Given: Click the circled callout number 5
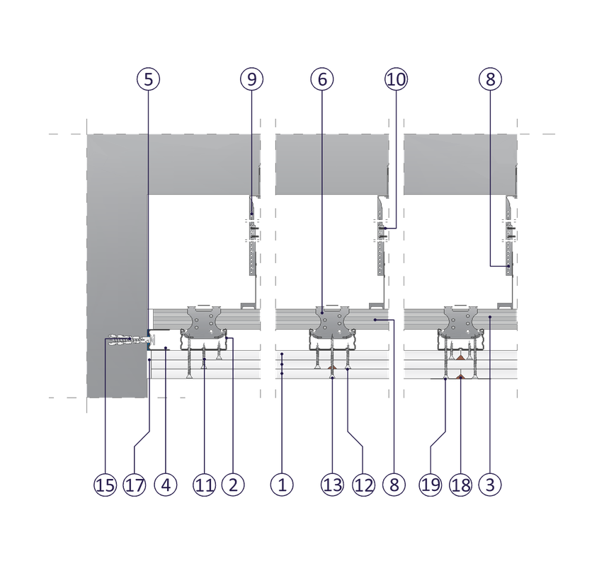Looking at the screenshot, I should [148, 79].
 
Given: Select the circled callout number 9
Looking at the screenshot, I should [251, 79].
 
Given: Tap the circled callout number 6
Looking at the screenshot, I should [321, 79].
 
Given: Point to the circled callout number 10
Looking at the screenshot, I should [397, 79].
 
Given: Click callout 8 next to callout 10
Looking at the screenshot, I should [489, 79].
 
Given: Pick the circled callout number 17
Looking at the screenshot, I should [135, 485].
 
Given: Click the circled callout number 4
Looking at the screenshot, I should [165, 485].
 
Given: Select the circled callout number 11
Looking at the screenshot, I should [204, 485].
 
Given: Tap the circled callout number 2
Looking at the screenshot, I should [233, 485].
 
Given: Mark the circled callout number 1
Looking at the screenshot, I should [282, 485].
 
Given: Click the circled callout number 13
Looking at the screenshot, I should [332, 485].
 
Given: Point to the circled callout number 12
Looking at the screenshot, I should [363, 485].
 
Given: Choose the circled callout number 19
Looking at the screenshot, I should [431, 485].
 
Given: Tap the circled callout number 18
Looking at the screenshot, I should [460, 485].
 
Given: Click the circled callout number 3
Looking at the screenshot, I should [489, 485].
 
